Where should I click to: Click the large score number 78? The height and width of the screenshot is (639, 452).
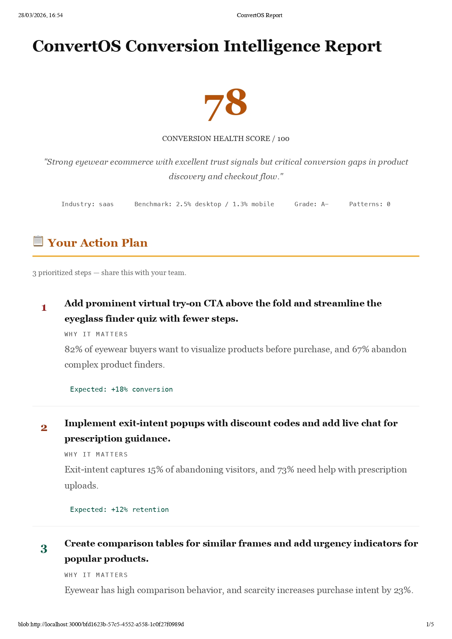pyautogui.click(x=226, y=104)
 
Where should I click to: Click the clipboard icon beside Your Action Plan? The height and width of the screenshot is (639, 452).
pyautogui.click(x=38, y=241)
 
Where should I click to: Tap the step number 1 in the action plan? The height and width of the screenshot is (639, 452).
pyautogui.click(x=44, y=308)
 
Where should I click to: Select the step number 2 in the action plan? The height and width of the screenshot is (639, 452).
pyautogui.click(x=44, y=428)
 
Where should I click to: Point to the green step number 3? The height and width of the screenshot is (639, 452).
pyautogui.click(x=44, y=549)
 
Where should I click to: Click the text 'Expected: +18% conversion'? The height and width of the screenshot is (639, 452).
pyautogui.click(x=121, y=389)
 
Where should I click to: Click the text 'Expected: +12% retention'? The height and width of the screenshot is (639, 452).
pyautogui.click(x=119, y=509)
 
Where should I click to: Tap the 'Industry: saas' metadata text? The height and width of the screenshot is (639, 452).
pyautogui.click(x=87, y=204)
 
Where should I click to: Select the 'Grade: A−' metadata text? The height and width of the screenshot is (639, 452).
pyautogui.click(x=311, y=204)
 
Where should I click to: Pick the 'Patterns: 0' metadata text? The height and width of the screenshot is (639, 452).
pyautogui.click(x=370, y=204)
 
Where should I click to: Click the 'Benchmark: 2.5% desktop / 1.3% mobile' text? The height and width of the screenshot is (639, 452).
pyautogui.click(x=204, y=204)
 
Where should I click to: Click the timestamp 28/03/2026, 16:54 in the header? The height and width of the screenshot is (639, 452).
pyautogui.click(x=40, y=15)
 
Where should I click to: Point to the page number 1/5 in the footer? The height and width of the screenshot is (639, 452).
pyautogui.click(x=430, y=624)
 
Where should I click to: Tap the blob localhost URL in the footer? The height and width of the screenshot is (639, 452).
pyautogui.click(x=101, y=624)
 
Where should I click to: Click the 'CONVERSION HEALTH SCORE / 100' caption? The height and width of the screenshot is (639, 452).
pyautogui.click(x=226, y=138)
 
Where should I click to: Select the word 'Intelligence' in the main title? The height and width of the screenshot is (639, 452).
pyautogui.click(x=271, y=46)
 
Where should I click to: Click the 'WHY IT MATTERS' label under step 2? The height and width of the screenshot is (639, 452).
pyautogui.click(x=96, y=454)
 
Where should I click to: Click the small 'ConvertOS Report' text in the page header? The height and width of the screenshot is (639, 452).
pyautogui.click(x=260, y=15)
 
